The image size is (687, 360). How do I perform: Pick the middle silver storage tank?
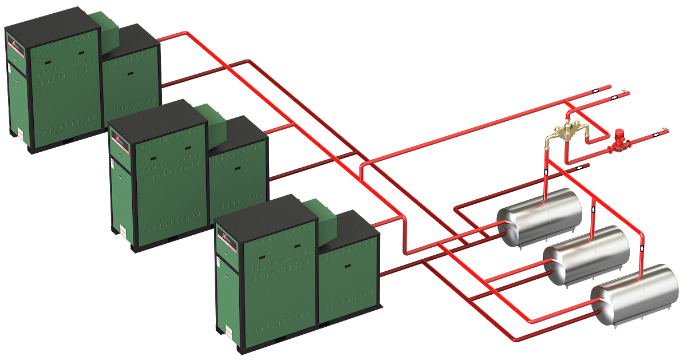(x=586, y=255)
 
